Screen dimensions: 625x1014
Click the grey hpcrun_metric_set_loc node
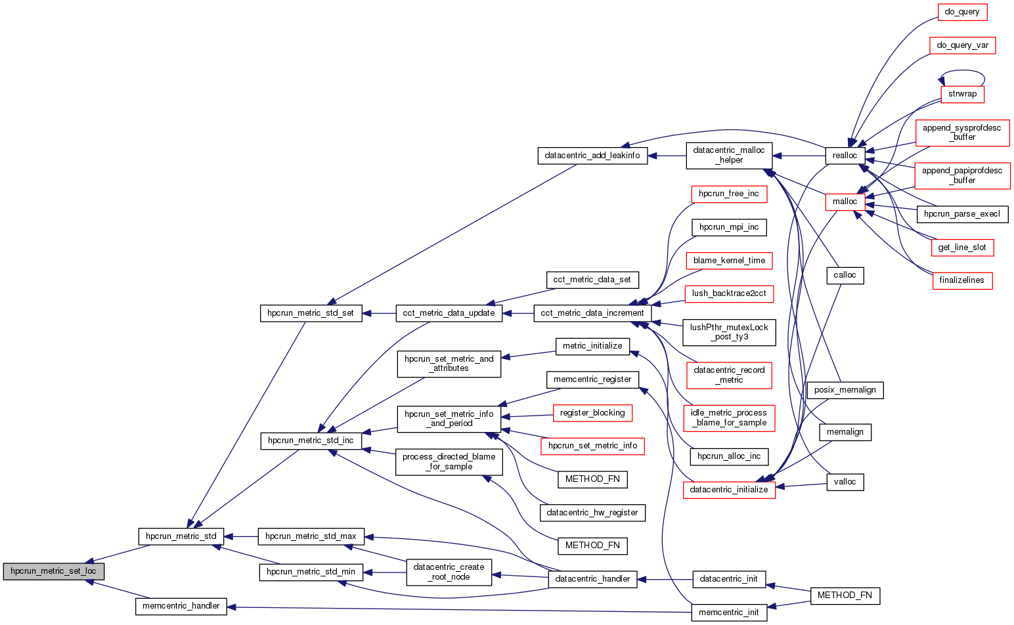[53, 571]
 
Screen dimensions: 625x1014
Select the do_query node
[962, 12]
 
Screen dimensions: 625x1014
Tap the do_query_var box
[962, 45]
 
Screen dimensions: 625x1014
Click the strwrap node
[962, 94]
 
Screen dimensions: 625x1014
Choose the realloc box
[845, 156]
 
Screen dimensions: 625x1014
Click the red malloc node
[845, 202]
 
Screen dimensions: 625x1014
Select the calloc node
[845, 275]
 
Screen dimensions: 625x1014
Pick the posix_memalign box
[845, 390]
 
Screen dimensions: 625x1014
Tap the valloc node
[845, 482]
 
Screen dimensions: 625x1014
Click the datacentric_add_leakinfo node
[592, 156]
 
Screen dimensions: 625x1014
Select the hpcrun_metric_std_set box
[311, 313]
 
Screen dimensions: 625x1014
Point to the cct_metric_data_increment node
[592, 313]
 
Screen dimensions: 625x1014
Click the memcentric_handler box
[181, 606]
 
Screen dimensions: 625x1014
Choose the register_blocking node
[592, 413]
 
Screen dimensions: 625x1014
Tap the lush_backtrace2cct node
[729, 293]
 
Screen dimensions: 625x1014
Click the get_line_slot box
[962, 248]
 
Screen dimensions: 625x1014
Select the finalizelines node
[962, 280]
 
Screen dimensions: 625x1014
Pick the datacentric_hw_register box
[592, 513]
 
